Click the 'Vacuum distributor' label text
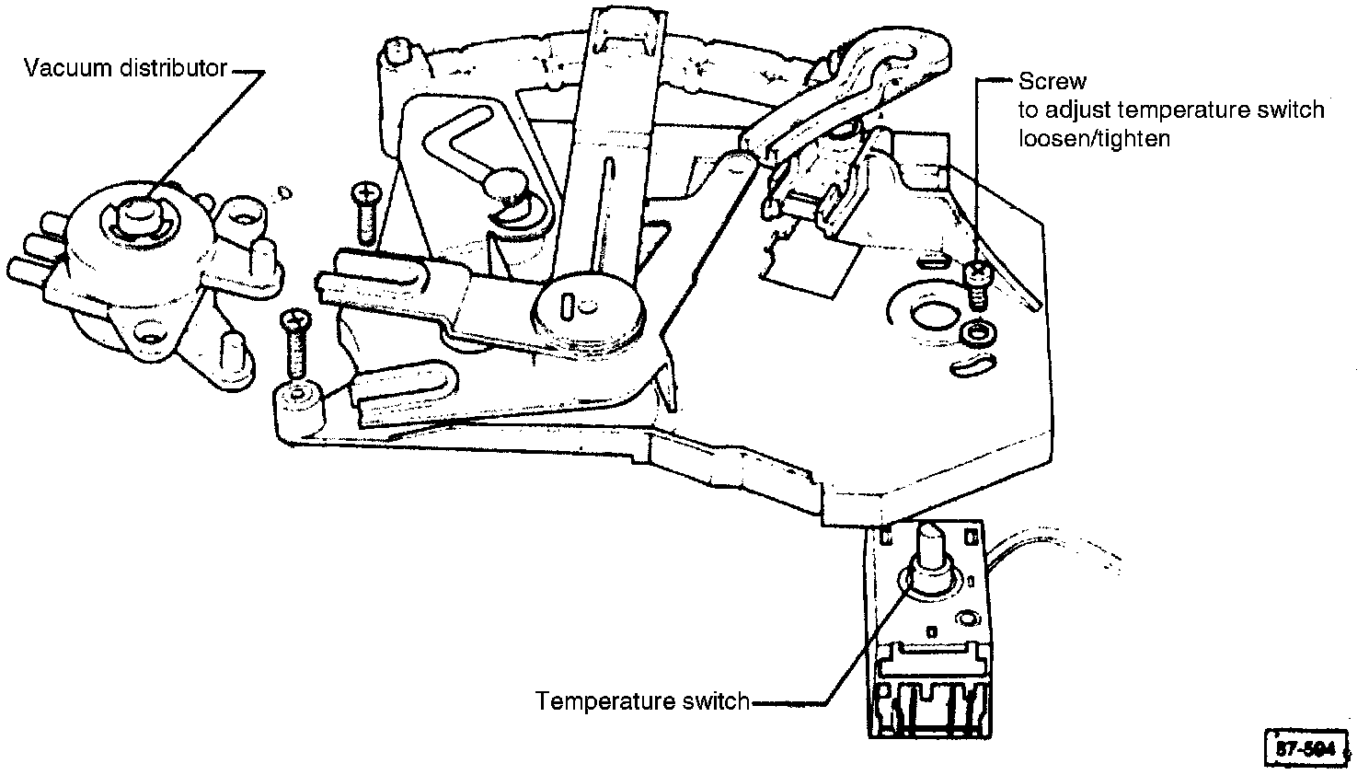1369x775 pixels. click(125, 68)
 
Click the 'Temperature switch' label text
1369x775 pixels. click(642, 701)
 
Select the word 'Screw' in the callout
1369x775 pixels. click(1052, 82)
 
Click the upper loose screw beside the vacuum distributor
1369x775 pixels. click(364, 210)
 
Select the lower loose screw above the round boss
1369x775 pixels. click(296, 342)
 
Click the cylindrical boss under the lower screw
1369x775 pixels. click(298, 405)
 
